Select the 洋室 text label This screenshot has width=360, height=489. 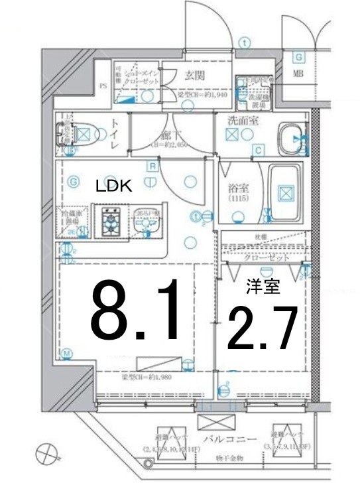point(263,287)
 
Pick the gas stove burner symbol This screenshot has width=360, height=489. point(108,221)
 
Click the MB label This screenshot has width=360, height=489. point(298,73)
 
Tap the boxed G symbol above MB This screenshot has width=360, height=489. point(298,57)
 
